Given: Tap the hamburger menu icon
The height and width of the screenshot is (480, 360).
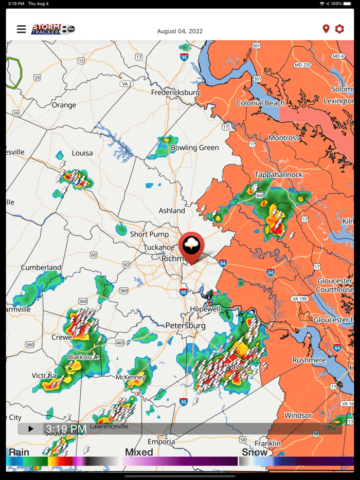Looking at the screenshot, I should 21,29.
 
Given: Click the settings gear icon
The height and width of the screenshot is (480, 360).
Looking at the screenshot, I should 339,29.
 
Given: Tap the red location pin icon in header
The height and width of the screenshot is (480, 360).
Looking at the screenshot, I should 326,29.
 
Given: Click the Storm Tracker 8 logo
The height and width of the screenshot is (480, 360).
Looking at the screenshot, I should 53,29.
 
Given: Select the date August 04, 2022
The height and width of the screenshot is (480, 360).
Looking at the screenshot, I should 180,31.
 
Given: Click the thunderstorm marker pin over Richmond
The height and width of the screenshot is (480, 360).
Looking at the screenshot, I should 192,246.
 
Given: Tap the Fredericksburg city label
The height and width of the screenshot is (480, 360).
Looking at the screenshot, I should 175,93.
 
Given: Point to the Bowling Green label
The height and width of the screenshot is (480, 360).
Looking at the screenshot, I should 194,147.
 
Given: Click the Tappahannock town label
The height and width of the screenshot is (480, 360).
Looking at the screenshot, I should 279,175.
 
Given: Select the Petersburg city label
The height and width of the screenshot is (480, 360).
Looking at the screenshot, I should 185,325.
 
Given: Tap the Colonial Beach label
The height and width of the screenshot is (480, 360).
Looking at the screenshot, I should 260,103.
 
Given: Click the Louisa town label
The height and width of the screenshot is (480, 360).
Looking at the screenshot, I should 82,153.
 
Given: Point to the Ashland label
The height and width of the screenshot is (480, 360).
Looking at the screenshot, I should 172,211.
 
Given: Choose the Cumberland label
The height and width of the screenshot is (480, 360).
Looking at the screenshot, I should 41,268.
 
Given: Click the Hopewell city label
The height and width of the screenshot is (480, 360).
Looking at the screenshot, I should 205,309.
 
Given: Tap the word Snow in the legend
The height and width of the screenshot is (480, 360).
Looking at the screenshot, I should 255,452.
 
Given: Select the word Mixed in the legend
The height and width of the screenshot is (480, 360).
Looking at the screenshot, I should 139,452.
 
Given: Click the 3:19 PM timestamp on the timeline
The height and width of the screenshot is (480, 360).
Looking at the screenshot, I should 66,429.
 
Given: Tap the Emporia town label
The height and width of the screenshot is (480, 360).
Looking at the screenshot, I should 161,441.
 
